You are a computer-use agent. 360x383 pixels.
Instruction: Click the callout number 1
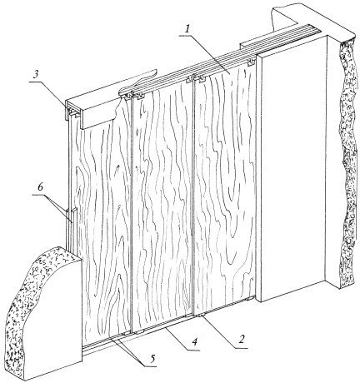coord(187,29)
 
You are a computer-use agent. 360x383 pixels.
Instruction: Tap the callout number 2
coord(242,339)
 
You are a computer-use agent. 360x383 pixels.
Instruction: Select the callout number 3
coord(35,76)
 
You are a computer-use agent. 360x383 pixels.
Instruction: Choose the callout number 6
coord(40,187)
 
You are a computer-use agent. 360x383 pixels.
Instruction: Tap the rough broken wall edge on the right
coord(347,161)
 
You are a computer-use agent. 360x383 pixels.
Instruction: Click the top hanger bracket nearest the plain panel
coord(252,63)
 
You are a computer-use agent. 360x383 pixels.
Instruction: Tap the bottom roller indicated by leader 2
coord(201,316)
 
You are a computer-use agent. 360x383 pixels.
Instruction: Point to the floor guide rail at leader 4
coord(167,327)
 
